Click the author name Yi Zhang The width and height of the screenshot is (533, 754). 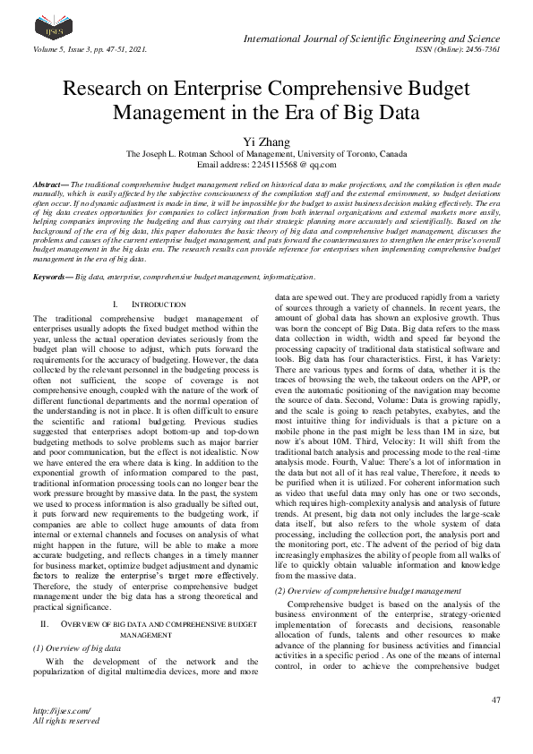266,141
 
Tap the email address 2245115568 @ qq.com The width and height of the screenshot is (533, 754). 266,165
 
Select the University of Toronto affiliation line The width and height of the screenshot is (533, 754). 266,153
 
